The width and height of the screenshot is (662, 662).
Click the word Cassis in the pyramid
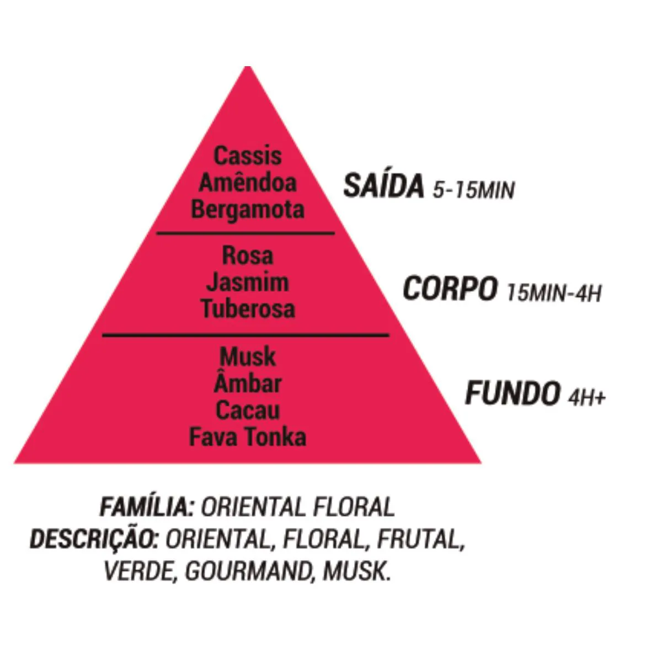pos(248,156)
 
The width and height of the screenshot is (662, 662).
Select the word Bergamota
pos(248,210)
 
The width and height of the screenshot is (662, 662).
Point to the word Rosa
pos(248,256)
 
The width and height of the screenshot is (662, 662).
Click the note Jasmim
pos(248,283)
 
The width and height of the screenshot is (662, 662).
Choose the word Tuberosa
pos(248,309)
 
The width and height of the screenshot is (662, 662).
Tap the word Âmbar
pos(248,382)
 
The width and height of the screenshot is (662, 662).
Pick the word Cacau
pos(248,410)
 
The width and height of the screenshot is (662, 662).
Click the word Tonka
pos(276,437)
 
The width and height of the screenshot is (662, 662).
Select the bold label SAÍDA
pos(383,186)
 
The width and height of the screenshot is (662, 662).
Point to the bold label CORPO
pos(450,289)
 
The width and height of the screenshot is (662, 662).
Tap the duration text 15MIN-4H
pos(554,293)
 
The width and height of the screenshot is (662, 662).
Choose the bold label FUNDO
pos(511,393)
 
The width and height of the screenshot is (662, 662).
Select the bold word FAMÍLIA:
pos(147,506)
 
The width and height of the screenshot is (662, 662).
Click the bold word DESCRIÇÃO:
pos(94,538)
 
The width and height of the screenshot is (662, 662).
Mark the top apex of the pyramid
pos(248,66)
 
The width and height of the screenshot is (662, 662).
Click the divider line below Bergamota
pos(245,233)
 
